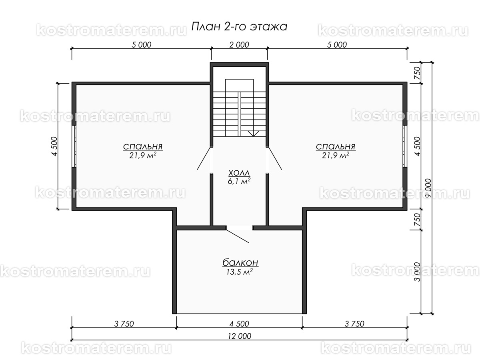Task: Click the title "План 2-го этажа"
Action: tap(239, 27)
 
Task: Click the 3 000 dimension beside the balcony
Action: tap(417, 272)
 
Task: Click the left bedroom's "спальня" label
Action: tap(143, 146)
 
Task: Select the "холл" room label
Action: tap(239, 173)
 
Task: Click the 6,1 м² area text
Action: tap(239, 181)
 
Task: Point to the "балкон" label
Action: tap(240, 263)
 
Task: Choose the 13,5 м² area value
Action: tap(240, 272)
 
